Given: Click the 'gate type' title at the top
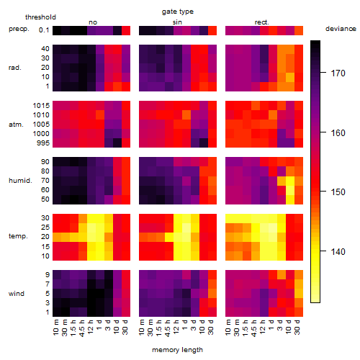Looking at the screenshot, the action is pyautogui.click(x=178, y=12).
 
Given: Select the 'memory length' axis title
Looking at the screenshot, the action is pyautogui.click(x=177, y=350).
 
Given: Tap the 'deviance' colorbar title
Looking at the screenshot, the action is pyautogui.click(x=341, y=29).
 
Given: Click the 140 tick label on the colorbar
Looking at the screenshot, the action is pyautogui.click(x=338, y=251).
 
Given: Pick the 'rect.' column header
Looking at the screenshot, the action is pyautogui.click(x=262, y=22).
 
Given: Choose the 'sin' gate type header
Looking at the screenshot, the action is pyautogui.click(x=177, y=22).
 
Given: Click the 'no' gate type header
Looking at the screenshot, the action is pyautogui.click(x=93, y=22).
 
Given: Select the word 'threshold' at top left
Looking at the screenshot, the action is pyautogui.click(x=40, y=17).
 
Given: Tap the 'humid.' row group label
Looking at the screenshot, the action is pyautogui.click(x=20, y=181).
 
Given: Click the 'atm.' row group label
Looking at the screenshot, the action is pyautogui.click(x=16, y=125).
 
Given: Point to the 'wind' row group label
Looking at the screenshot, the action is pyautogui.click(x=17, y=294).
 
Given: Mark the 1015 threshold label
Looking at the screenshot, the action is pyautogui.click(x=41, y=106).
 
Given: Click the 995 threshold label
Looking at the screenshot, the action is pyautogui.click(x=43, y=143).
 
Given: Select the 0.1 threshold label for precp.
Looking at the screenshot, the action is pyautogui.click(x=44, y=30).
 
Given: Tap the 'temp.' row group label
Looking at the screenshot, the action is pyautogui.click(x=18, y=236).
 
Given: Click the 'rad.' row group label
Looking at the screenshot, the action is pyautogui.click(x=15, y=68).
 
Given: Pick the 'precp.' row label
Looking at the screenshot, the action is pyautogui.click(x=19, y=29).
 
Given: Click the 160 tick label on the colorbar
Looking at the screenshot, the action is pyautogui.click(x=338, y=132).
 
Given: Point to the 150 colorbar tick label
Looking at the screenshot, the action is pyautogui.click(x=338, y=192).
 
